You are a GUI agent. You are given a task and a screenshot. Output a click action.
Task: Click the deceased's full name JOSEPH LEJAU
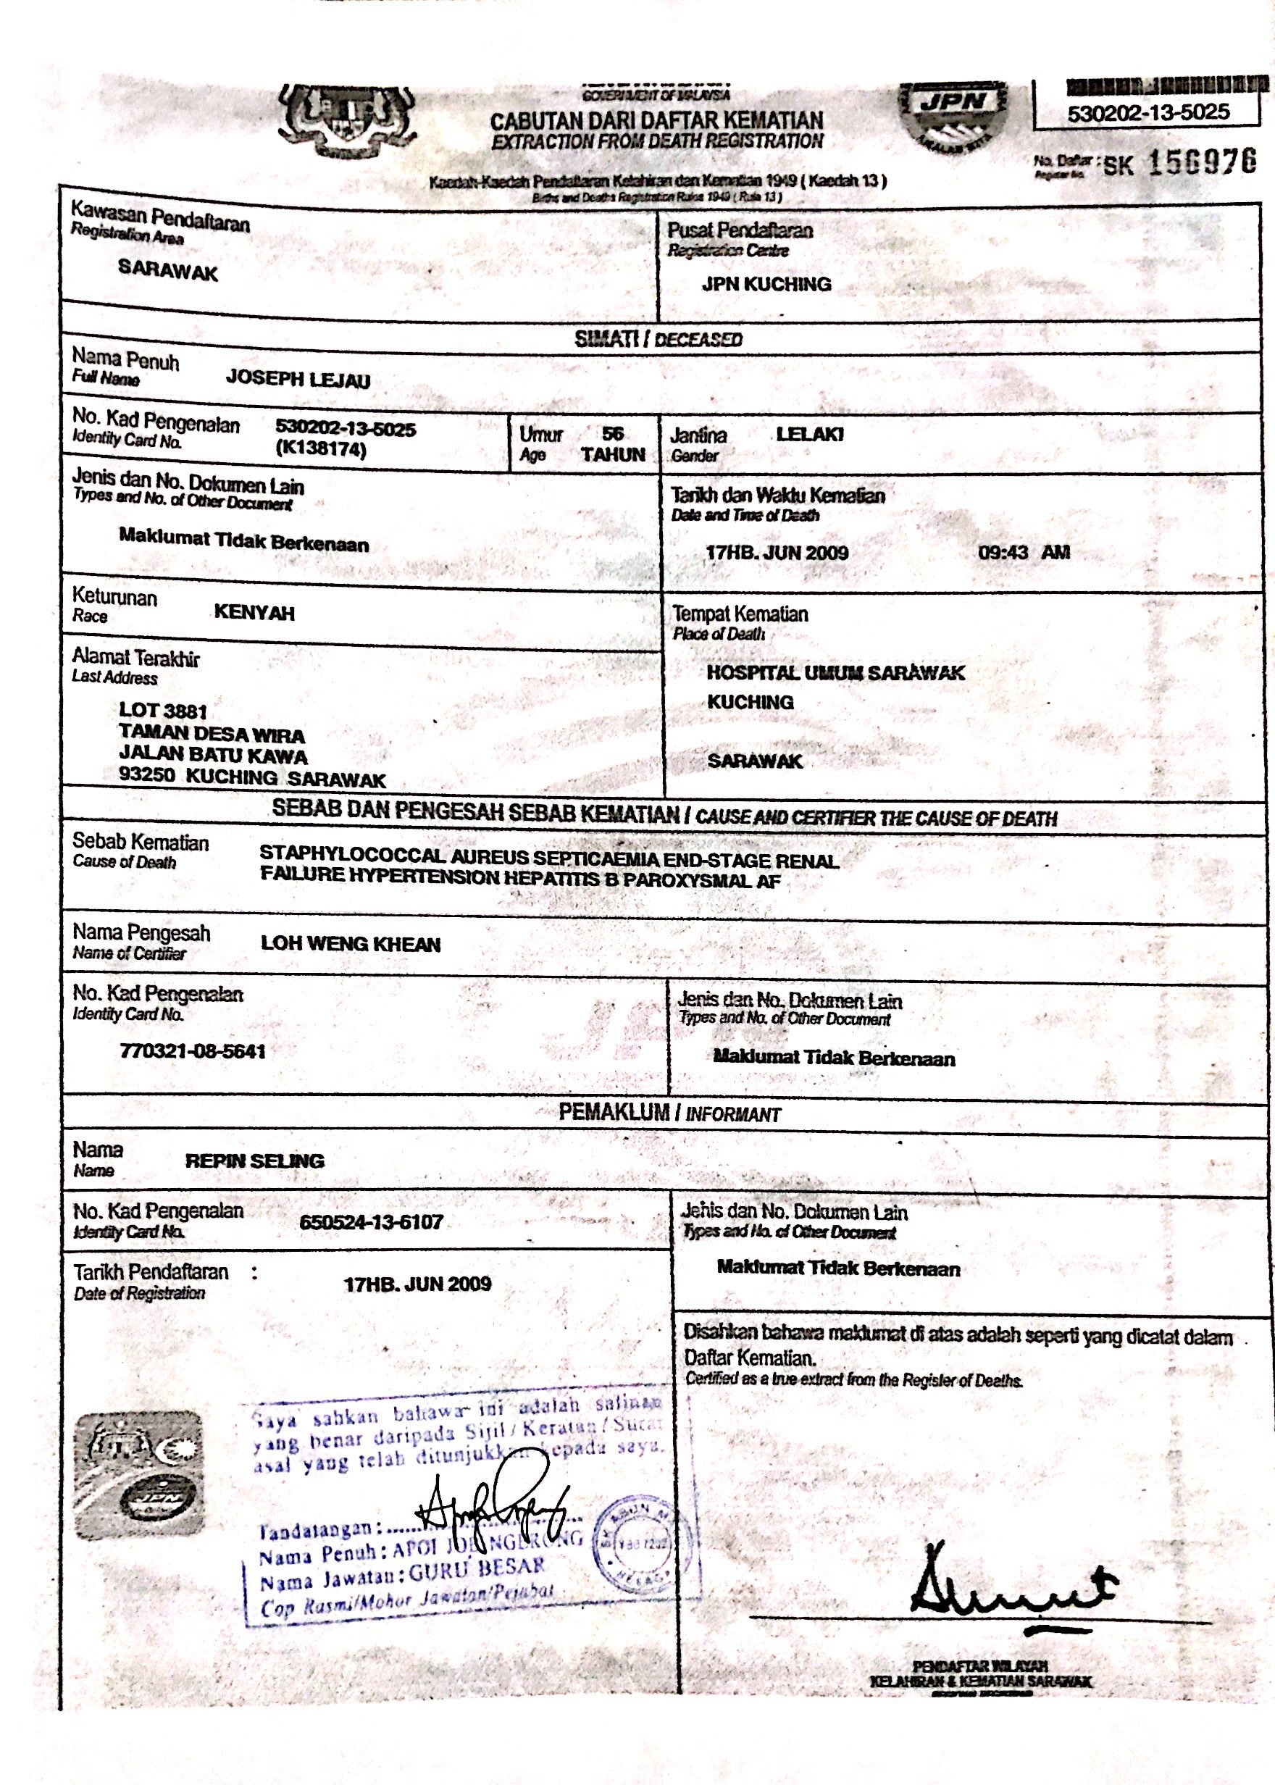[298, 379]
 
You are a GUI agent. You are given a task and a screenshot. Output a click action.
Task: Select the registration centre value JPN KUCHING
[766, 284]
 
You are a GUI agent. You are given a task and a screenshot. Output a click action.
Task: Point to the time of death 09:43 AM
[1024, 552]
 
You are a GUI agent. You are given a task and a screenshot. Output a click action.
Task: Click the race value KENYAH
[254, 613]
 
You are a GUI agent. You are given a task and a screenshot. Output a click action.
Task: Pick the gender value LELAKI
[809, 434]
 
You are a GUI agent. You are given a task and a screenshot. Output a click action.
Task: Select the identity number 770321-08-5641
[193, 1051]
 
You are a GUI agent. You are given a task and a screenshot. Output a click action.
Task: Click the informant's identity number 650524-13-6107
[372, 1221]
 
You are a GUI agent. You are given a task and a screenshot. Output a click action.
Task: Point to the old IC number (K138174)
[322, 451]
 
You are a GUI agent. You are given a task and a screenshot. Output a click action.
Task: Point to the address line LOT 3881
[162, 711]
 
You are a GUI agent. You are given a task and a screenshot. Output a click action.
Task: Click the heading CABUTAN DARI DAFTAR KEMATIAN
[656, 121]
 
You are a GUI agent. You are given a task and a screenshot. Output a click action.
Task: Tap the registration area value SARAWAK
[168, 272]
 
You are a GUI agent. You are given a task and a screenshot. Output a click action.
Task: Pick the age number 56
[612, 432]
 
